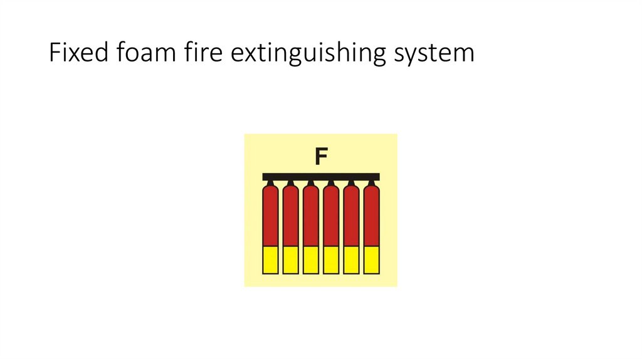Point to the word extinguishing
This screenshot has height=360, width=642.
(x=300, y=54)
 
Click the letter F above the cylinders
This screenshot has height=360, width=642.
(x=321, y=157)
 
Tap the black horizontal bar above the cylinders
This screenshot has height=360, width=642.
(x=321, y=176)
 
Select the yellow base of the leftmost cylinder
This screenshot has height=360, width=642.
(x=270, y=260)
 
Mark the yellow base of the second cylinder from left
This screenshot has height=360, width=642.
(x=290, y=260)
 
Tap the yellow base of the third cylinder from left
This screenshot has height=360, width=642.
(x=311, y=260)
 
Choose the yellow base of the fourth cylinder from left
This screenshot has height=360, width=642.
(x=331, y=260)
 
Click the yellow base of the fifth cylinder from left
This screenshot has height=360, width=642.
(x=351, y=260)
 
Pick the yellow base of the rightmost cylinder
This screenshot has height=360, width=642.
(x=372, y=260)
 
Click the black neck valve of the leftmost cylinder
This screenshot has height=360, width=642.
(x=270, y=183)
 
